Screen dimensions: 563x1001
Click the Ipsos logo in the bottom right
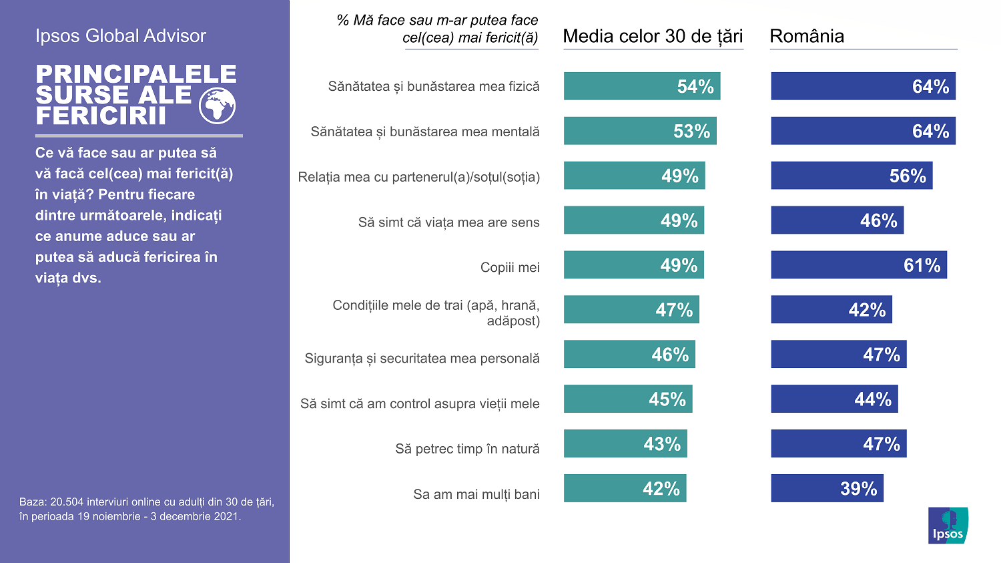coord(948,525)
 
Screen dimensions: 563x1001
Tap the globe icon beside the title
coord(217,106)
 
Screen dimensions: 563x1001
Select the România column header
coord(807,36)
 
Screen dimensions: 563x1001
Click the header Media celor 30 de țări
coord(653,36)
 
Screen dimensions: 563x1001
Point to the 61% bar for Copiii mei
coord(859,265)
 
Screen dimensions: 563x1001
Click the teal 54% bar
coord(641,86)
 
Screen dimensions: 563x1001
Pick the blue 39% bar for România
coord(827,488)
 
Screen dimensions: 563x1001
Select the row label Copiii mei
coord(510,267)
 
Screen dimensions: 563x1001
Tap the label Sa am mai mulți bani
coord(476,494)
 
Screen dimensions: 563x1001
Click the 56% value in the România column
coord(907,176)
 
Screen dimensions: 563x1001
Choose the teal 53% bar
coord(639,131)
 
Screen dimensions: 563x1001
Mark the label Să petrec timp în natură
coord(467,449)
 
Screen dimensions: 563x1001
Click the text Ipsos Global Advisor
coord(121,36)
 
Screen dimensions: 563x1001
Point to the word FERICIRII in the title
coord(101,116)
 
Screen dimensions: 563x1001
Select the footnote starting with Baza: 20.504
coord(147,509)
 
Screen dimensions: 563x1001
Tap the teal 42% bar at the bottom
coord(625,488)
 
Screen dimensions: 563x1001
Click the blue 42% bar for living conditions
coord(831,310)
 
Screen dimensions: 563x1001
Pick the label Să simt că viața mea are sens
coord(448,222)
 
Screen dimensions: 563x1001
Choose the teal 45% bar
coord(627,399)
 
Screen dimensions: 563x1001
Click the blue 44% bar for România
coord(834,399)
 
